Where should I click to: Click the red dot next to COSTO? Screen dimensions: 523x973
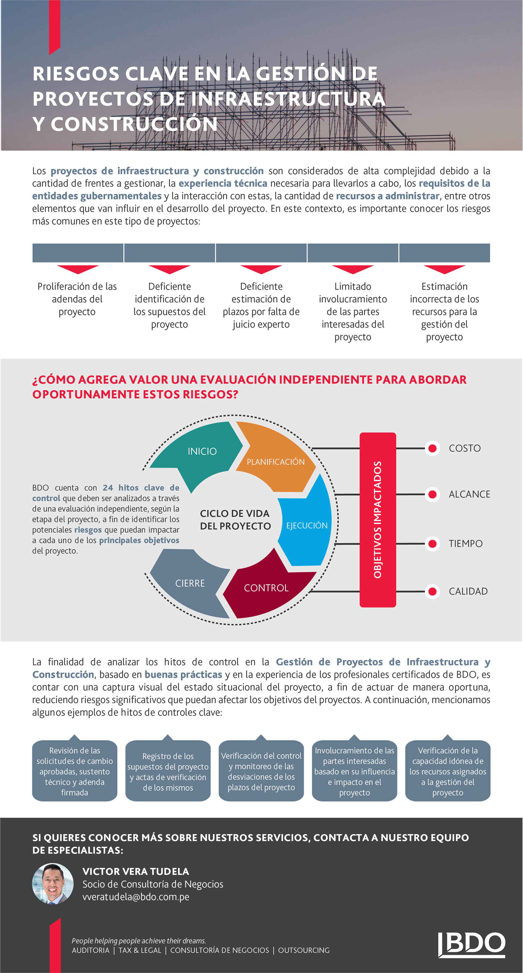pos(433,448)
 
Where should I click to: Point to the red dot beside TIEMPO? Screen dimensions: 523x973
pos(433,544)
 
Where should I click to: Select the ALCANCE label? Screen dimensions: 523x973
pos(469,494)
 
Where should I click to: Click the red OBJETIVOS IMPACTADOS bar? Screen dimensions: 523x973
pos(378,520)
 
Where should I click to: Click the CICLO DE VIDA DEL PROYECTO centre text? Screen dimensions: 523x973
pos(235,520)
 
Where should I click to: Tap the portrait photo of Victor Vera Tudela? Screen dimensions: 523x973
pos(53,883)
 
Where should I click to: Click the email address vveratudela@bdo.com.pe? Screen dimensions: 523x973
pos(136,897)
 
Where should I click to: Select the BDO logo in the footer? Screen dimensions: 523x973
pos(472,945)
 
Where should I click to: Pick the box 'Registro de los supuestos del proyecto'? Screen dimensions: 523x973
pos(168,770)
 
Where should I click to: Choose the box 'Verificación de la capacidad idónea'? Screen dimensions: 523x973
pos(448,770)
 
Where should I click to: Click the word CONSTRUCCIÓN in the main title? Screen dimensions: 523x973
pos(134,124)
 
